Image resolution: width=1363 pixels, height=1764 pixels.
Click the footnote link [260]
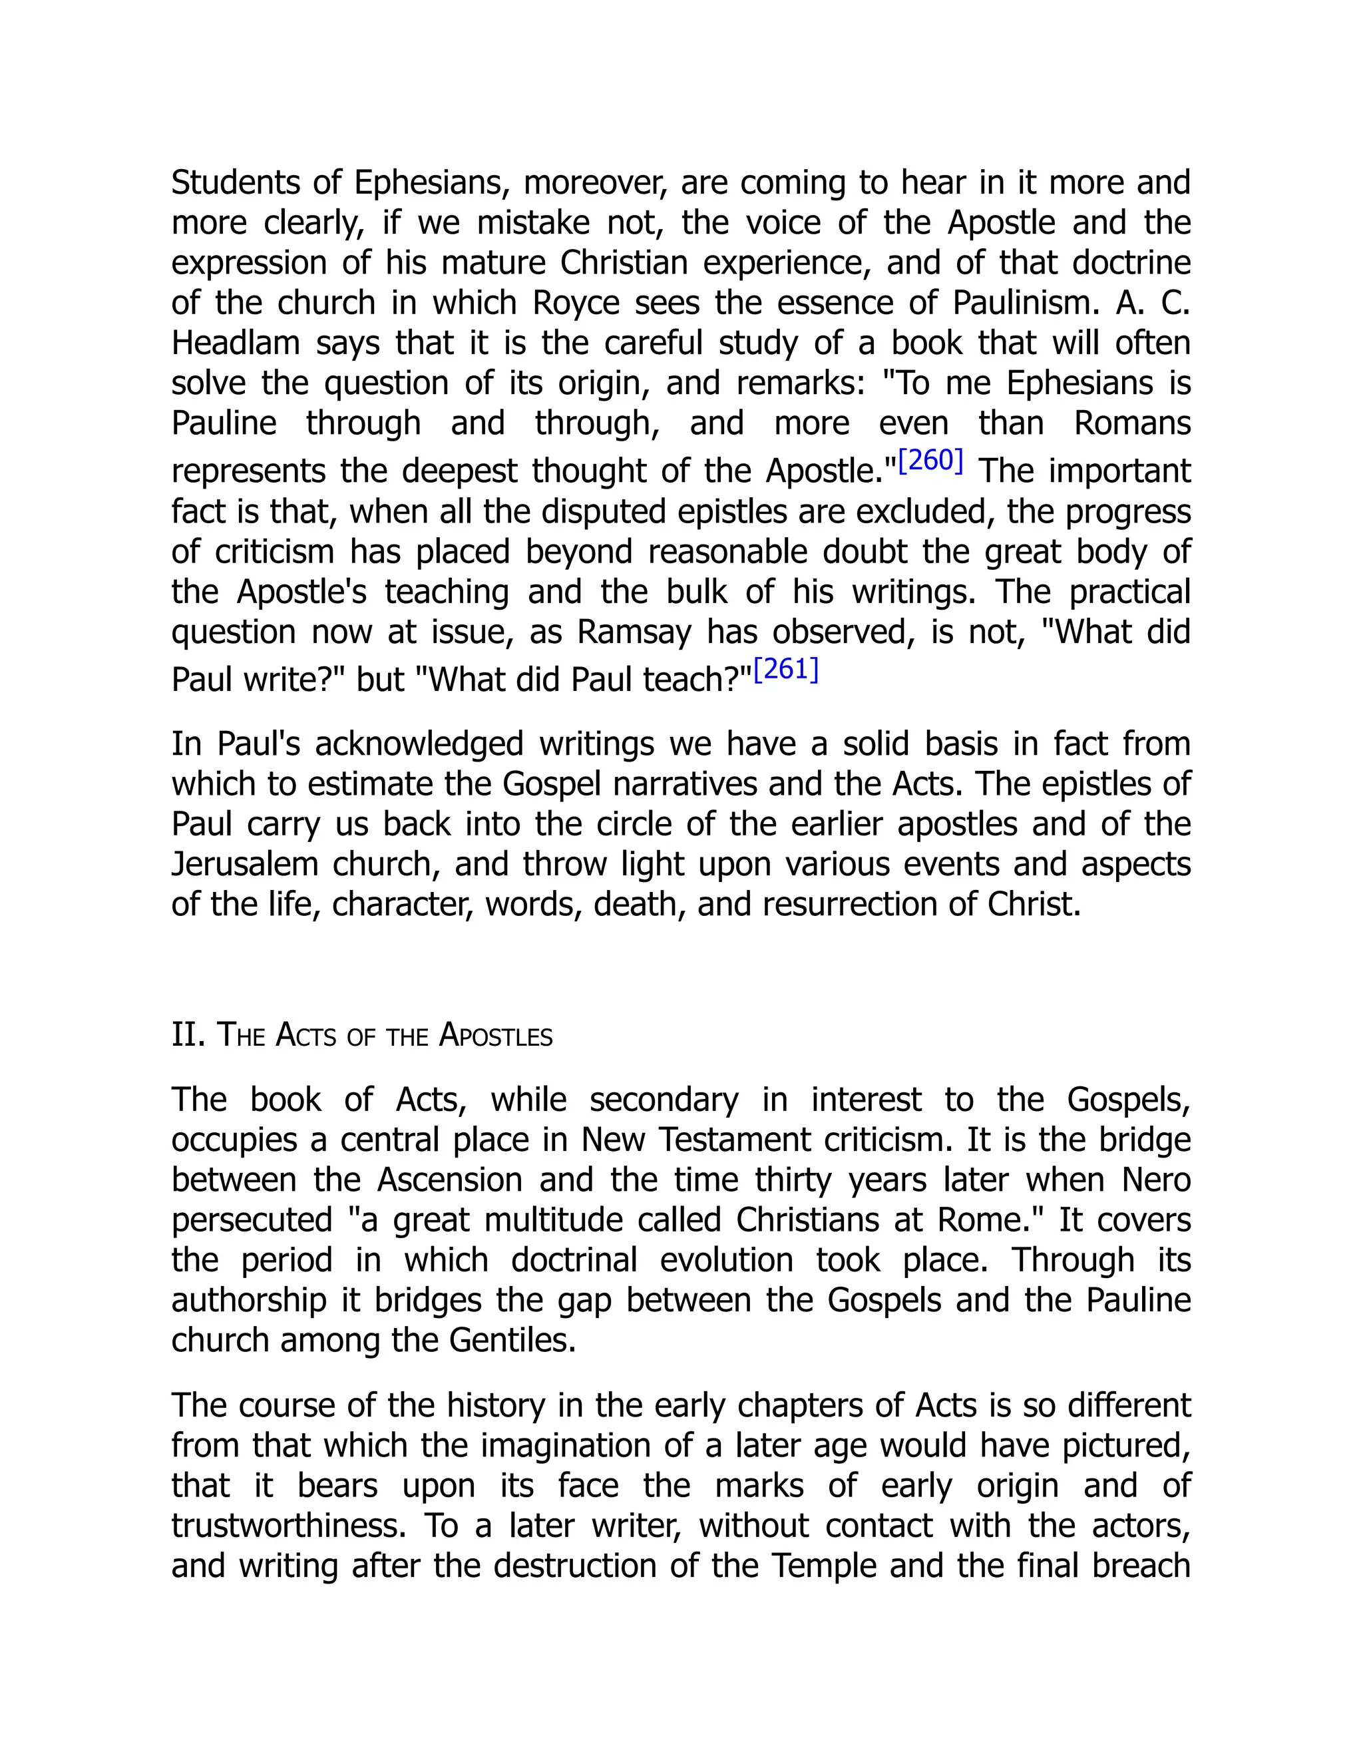930,461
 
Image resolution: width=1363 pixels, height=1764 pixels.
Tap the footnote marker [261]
786,670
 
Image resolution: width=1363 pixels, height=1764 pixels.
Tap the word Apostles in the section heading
495,1036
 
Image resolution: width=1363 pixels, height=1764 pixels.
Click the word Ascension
450,1180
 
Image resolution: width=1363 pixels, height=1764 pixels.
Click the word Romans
1132,423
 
